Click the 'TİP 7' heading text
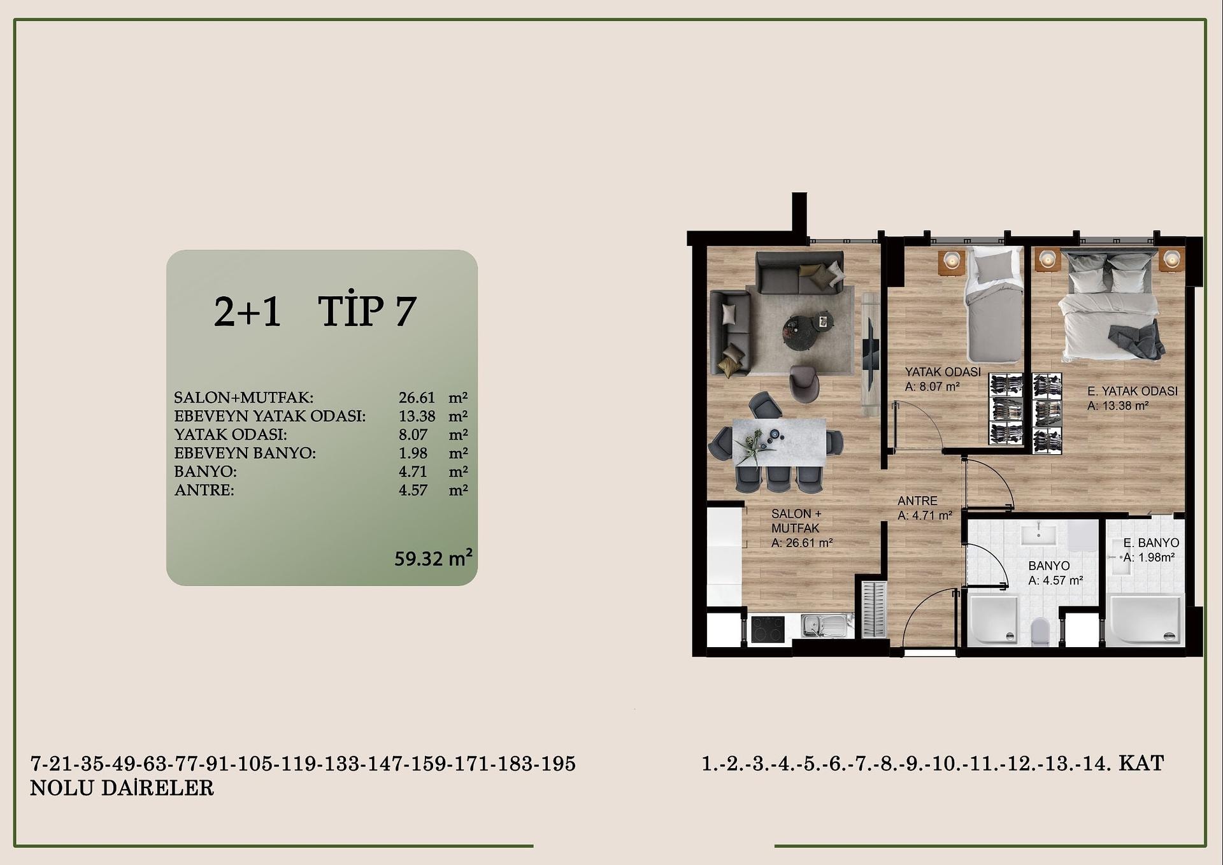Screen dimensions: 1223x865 coord(367,311)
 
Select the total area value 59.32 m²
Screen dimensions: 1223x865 coord(433,558)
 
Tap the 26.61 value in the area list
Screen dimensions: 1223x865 coord(417,397)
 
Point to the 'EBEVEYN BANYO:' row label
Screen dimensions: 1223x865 coord(245,453)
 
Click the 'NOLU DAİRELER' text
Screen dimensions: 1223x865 coord(122,788)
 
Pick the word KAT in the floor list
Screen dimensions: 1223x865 coord(1141,762)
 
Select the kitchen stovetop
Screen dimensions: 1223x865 coord(768,629)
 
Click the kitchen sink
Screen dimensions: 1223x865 coord(826,626)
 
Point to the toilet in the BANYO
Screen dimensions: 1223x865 coord(1040,631)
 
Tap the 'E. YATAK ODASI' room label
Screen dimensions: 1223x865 coord(1132,391)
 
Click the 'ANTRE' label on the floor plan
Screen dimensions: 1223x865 coord(917,501)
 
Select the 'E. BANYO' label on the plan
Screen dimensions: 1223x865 coord(1151,543)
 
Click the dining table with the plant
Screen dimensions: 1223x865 coord(779,442)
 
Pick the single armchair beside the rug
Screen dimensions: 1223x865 coord(804,383)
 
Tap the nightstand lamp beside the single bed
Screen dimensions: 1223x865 coord(952,260)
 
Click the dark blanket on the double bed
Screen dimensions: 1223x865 coord(1137,340)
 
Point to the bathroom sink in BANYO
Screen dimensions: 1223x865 coord(1039,535)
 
